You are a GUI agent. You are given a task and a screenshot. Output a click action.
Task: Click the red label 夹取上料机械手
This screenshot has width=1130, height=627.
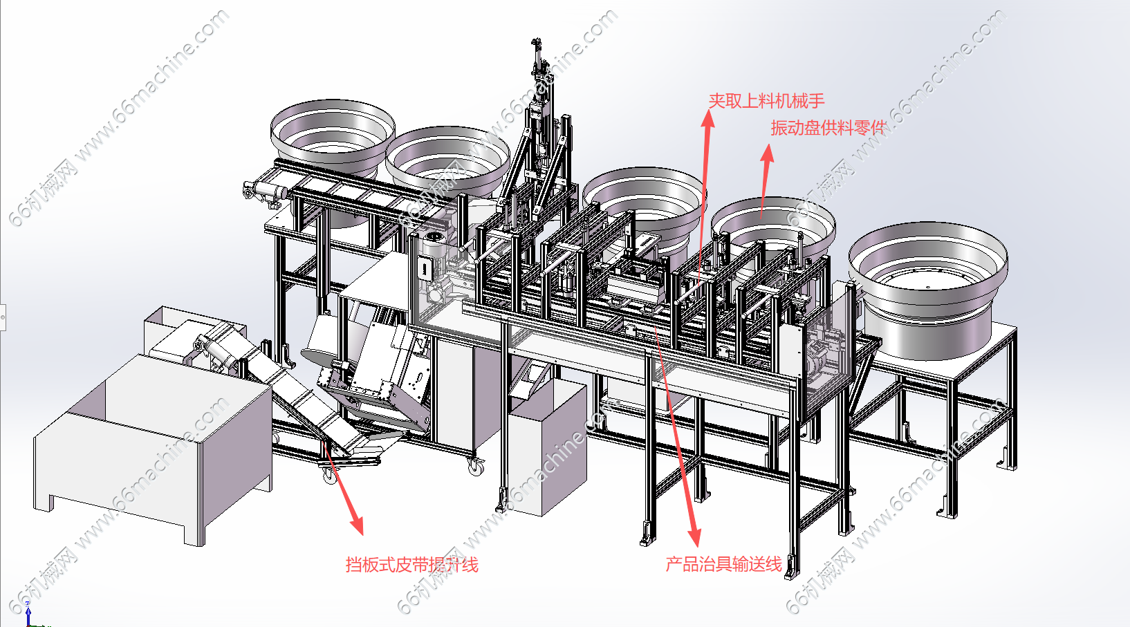click(x=766, y=101)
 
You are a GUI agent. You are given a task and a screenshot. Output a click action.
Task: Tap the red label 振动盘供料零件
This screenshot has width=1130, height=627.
click(x=828, y=128)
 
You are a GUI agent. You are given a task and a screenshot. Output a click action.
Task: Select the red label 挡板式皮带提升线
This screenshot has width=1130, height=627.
click(x=411, y=565)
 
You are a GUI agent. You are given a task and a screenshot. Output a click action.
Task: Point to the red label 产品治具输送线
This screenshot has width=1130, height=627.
click(x=723, y=564)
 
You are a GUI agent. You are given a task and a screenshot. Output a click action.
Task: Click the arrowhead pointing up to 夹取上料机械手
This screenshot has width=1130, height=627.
click(x=708, y=119)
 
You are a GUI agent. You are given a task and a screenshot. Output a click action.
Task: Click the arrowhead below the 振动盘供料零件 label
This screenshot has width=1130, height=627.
click(x=768, y=154)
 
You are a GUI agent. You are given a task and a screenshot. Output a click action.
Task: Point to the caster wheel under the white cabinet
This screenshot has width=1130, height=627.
click(x=474, y=466)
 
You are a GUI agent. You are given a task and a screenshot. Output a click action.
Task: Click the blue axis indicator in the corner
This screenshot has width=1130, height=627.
click(x=28, y=615)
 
